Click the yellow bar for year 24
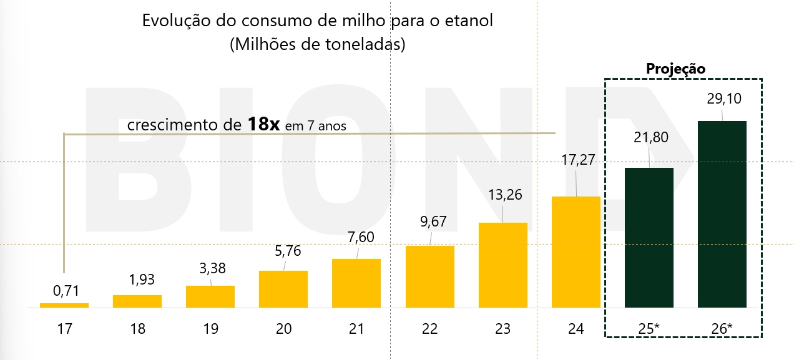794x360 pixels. tap(576, 252)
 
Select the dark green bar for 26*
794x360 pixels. tap(722, 214)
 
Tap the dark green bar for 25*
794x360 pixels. tap(649, 238)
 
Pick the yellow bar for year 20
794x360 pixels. tap(283, 289)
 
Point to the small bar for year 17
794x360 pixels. tap(64, 305)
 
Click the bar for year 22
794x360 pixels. tap(429, 276)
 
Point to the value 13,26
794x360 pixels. tap(503, 194)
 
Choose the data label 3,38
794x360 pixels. tap(210, 269)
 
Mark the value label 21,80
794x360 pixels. tap(650, 137)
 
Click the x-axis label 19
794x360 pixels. tap(210, 329)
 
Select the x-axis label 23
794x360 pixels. tap(502, 329)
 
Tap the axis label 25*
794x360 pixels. tap(649, 329)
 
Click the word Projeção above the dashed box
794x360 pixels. tap(675, 69)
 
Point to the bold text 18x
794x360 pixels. tap(263, 124)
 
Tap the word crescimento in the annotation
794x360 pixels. tap(166, 125)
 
